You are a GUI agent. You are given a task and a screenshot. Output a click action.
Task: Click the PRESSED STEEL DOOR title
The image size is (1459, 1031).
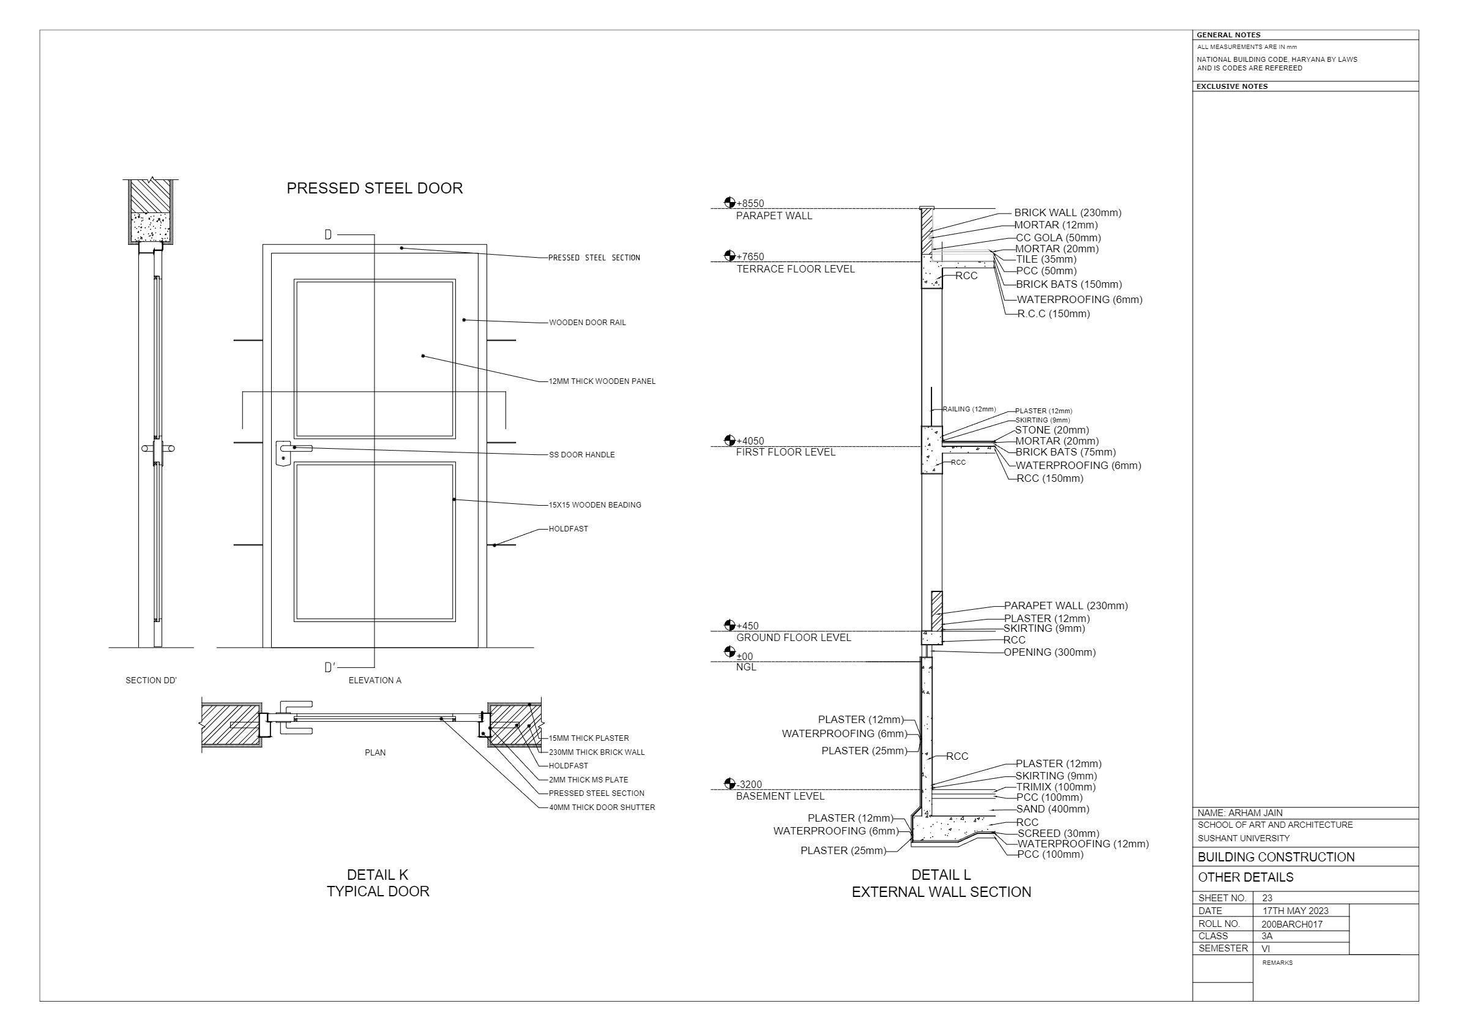[x=375, y=188]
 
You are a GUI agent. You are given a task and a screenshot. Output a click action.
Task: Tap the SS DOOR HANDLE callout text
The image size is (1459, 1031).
[x=581, y=455]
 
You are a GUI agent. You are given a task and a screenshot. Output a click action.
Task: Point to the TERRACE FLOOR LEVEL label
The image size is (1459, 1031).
[x=796, y=269]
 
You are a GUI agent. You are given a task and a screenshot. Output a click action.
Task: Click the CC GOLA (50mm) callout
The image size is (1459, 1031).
[x=1058, y=238]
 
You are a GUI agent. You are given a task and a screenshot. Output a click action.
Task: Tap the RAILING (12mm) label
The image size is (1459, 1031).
[x=969, y=410]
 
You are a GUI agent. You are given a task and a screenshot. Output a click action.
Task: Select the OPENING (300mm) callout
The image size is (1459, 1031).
[x=1050, y=652]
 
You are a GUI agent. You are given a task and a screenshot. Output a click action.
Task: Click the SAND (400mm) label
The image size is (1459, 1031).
[x=1052, y=809]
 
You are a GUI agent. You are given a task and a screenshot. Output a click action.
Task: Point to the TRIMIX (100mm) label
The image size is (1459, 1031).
[x=1056, y=787]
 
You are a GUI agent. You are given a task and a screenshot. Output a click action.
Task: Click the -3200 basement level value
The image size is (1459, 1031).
[x=749, y=784]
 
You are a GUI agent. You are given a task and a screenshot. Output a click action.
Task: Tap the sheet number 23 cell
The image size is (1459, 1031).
[x=1267, y=898]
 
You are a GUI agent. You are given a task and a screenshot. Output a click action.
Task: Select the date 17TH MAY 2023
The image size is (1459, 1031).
[x=1295, y=911]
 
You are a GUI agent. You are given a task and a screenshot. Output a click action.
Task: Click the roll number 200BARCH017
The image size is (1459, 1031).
[x=1292, y=924]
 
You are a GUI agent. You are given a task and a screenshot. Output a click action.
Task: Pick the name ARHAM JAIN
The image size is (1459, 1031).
[x=1240, y=813]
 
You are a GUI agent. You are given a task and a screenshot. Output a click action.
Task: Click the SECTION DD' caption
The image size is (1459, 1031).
[x=151, y=680]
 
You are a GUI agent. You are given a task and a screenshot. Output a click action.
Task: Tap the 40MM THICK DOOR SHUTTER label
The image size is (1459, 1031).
[x=602, y=808]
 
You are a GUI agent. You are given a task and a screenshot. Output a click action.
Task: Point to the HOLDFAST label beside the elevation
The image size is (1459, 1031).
[x=568, y=529]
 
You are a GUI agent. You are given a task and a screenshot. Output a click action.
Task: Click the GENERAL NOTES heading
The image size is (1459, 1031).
[x=1228, y=35]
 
